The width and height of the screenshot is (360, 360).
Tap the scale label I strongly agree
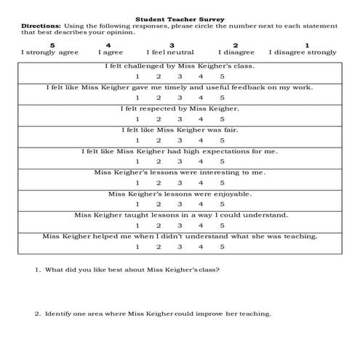(49, 52)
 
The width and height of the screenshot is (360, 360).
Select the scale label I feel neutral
(170, 52)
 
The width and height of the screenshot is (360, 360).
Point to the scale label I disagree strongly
(302, 52)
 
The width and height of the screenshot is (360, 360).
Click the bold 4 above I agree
(108, 45)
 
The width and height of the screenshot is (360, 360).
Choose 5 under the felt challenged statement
(222, 76)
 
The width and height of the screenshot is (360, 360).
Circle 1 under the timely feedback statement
(137, 97)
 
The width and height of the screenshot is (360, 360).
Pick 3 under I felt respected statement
(179, 119)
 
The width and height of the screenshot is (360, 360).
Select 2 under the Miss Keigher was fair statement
(158, 140)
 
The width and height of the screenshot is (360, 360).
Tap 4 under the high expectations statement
(201, 162)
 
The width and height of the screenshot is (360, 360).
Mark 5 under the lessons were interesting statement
(222, 183)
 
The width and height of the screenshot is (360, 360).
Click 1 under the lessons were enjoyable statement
(137, 204)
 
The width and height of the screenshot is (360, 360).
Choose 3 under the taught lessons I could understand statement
(179, 226)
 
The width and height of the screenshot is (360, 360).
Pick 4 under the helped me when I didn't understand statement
(201, 247)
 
